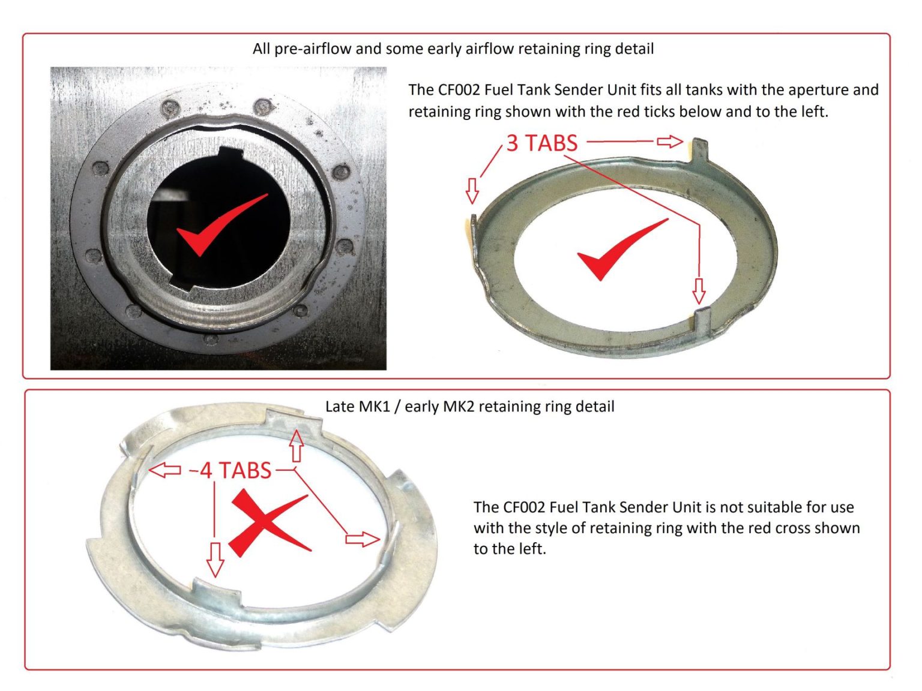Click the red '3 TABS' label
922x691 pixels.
point(541,143)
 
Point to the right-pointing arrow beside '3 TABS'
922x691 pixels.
point(669,142)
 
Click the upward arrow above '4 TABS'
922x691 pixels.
point(296,445)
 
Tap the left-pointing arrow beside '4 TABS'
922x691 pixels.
point(164,470)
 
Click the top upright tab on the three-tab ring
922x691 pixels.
point(700,150)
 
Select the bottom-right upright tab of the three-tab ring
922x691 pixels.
point(704,321)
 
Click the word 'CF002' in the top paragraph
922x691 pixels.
point(459,90)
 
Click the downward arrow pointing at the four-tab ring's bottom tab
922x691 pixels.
point(215,559)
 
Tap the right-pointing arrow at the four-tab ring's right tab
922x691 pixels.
point(363,539)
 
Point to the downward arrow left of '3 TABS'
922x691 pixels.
point(472,190)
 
